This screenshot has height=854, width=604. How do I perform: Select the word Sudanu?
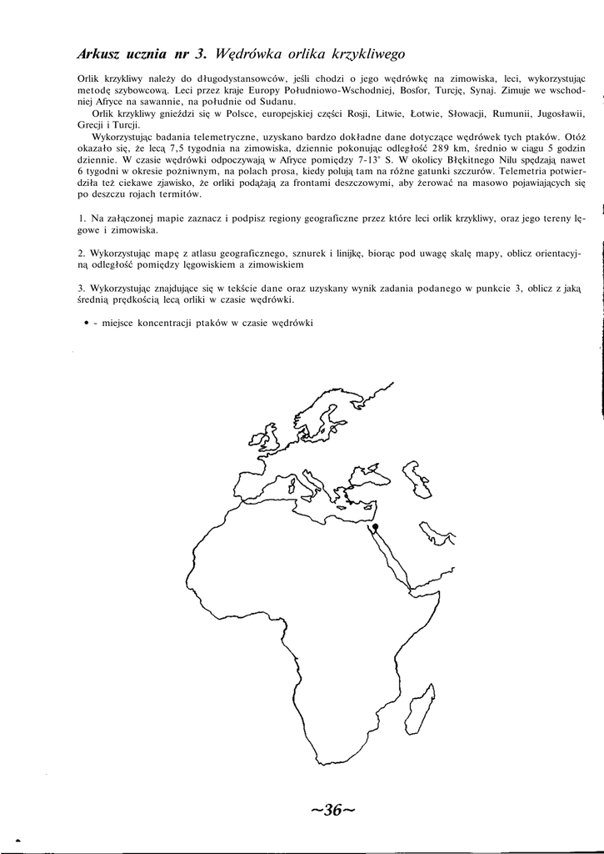[x=266, y=100]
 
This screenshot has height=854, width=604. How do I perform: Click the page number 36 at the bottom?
[x=332, y=810]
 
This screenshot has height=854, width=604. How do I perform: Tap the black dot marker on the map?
[x=376, y=527]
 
